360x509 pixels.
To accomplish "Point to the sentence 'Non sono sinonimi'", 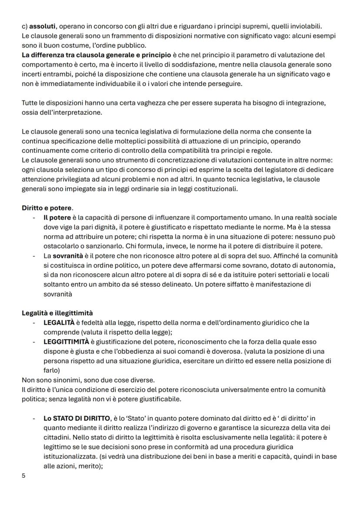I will tap(48, 380).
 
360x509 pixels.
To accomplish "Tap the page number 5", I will tap(23, 476).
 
